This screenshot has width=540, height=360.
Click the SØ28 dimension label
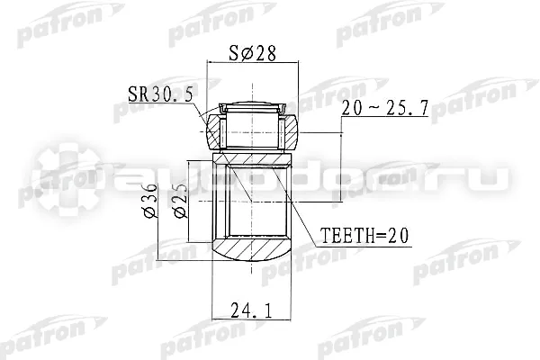coord(252,53)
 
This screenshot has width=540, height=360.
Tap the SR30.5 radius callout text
coord(160,94)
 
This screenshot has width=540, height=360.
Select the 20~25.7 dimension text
coord(385,108)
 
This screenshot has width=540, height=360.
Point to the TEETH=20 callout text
coord(364,236)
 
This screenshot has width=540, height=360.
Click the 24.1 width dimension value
coord(251,310)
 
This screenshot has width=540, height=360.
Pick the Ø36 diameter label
coord(150,202)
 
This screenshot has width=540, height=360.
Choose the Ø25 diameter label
coord(181,202)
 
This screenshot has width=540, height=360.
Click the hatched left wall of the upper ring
coord(214,132)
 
